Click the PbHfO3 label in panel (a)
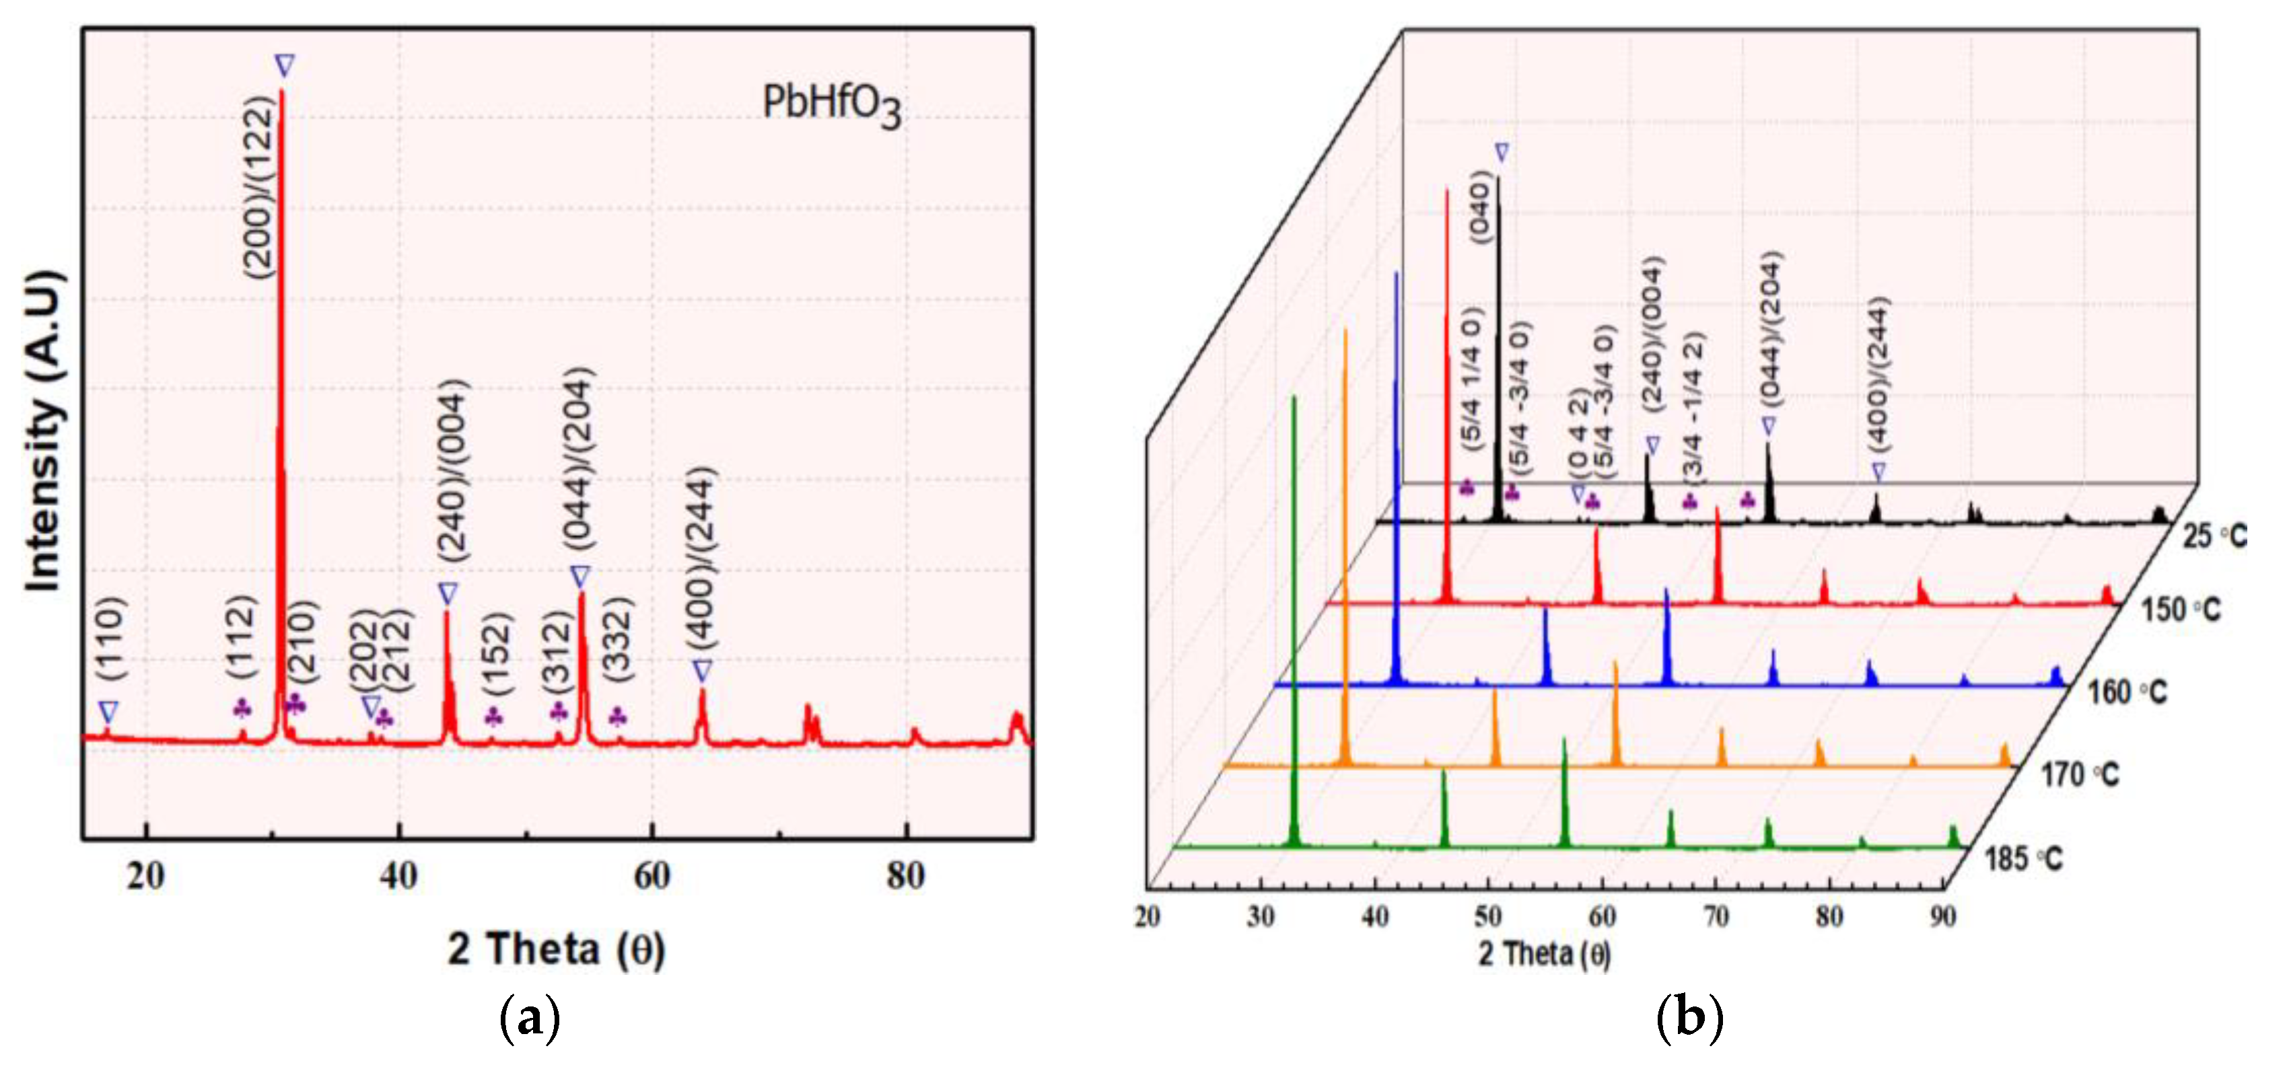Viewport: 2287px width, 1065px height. click(x=831, y=105)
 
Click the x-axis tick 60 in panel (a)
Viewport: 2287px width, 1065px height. click(x=653, y=876)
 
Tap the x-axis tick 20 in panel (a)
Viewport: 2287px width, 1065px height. click(x=145, y=876)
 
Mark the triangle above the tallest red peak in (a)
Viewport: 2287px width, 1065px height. click(x=284, y=66)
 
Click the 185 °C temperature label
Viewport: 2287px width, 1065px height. click(x=2023, y=858)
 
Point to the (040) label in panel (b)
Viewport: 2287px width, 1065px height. click(x=1478, y=206)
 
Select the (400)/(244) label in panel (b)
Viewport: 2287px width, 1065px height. click(x=1877, y=375)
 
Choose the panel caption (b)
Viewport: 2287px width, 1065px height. click(x=1689, y=1019)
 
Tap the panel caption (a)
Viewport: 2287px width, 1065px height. click(x=530, y=1019)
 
